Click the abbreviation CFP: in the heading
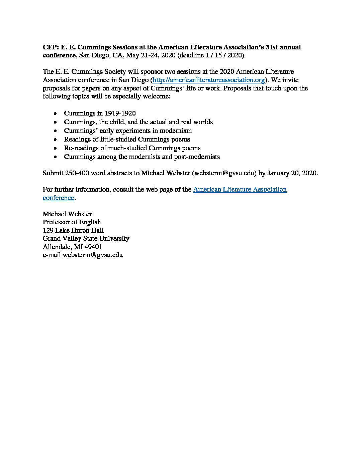[51, 47]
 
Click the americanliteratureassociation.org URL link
[209, 80]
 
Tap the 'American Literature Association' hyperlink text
[240, 190]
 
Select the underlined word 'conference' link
[58, 198]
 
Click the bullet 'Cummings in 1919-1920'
[100, 113]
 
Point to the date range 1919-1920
[120, 113]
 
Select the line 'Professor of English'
[72, 222]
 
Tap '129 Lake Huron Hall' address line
[73, 230]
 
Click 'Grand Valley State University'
[86, 239]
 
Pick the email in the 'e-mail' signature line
[93, 255]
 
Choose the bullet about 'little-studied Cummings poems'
[127, 140]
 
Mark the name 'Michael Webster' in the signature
[67, 214]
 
